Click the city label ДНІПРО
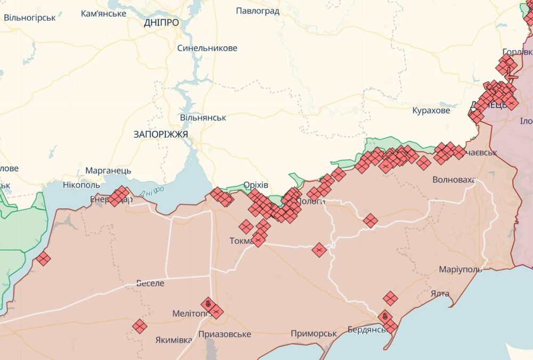tap(161, 22)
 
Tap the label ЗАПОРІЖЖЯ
tap(160, 134)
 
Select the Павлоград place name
tap(257, 11)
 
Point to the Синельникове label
tap(207, 48)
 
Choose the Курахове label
tap(431, 111)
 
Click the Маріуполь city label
tap(460, 269)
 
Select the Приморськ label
tap(314, 333)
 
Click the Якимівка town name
tap(174, 340)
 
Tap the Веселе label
tap(150, 283)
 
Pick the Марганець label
tap(108, 171)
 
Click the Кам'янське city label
tap(103, 13)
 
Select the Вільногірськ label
tap(29, 18)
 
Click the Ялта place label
tap(440, 293)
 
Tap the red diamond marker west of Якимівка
tap(140, 326)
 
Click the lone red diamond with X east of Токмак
tap(319, 250)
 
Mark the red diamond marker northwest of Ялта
tap(390, 298)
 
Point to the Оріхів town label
tap(255, 185)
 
